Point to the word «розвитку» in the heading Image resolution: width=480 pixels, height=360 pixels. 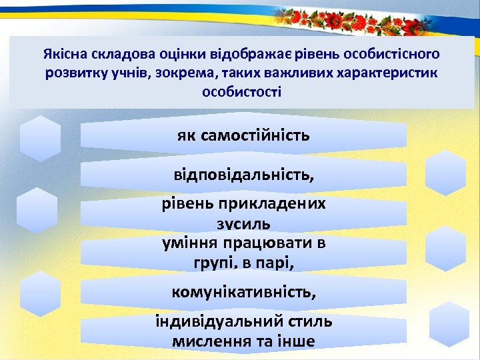[x=72, y=73]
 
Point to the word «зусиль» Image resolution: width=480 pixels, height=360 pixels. [x=243, y=223]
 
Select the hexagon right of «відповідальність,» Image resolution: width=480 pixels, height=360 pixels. [x=445, y=172]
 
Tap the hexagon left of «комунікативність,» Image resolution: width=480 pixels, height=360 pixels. [x=41, y=293]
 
